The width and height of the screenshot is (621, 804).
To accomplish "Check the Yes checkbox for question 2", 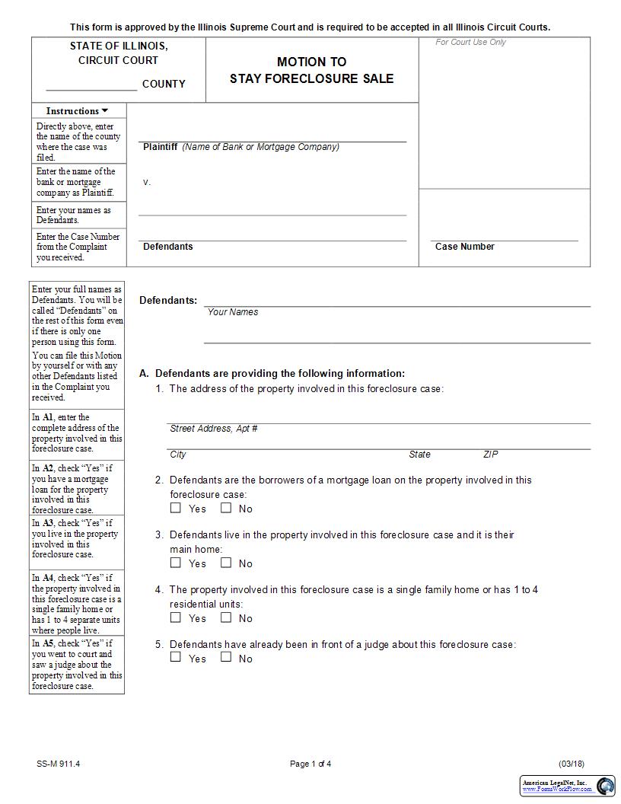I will coord(176,508).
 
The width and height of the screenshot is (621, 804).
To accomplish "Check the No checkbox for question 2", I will coord(226,508).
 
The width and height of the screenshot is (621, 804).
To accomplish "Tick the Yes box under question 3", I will coord(176,563).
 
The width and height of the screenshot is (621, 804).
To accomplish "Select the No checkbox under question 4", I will coord(226,617).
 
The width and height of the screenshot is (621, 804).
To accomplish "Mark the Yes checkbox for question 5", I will coord(176,657).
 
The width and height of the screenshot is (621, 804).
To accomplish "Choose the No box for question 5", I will coord(226,657).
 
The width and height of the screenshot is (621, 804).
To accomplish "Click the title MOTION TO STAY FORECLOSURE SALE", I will coord(311,70).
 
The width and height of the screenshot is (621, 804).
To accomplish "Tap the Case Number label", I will coord(464,247).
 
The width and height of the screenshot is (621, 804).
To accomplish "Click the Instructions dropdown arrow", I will coord(105,111).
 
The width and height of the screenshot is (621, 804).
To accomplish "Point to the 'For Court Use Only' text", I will coord(470,43).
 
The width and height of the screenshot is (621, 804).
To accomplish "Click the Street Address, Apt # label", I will coord(213,429).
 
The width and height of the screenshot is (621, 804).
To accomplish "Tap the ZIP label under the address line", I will coord(491,455).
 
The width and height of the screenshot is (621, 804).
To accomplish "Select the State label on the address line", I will coord(419,455).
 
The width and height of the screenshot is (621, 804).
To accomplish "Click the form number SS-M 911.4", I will coord(58,764).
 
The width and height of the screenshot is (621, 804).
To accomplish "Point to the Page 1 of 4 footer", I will coord(310,764).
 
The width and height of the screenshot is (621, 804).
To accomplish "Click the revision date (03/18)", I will coord(571,764).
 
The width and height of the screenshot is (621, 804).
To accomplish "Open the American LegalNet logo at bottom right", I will coord(568,786).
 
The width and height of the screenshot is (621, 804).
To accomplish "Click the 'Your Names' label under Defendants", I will coord(232,312).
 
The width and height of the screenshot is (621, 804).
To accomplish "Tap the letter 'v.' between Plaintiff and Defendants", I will coord(147,183).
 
